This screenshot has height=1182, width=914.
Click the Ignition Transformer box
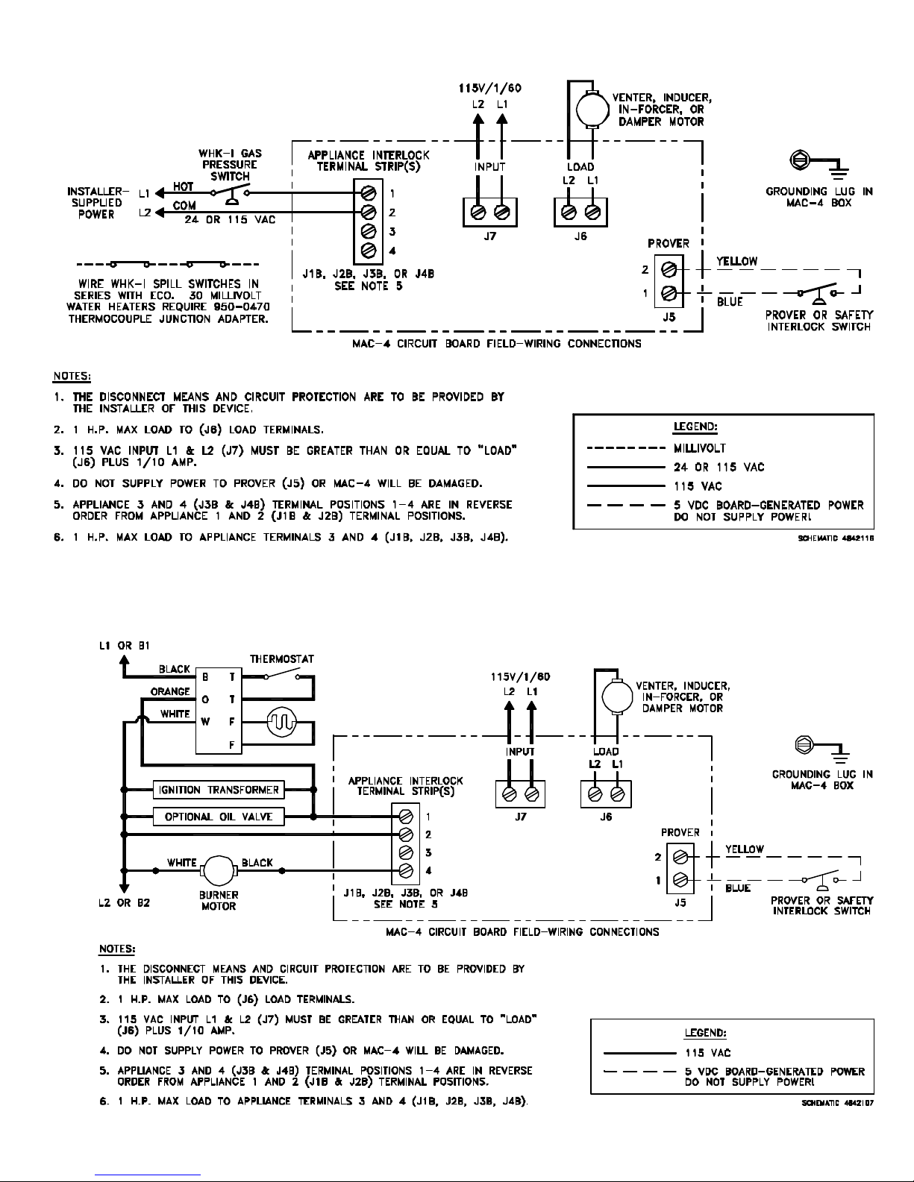[x=218, y=790]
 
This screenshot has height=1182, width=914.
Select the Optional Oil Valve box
[x=218, y=817]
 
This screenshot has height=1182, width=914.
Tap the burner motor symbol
[x=219, y=870]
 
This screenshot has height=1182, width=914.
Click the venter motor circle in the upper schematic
[x=592, y=110]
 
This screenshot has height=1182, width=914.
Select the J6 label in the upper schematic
[x=580, y=236]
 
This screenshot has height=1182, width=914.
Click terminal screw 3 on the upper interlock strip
[x=369, y=231]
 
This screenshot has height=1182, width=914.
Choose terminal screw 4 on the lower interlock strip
[x=406, y=870]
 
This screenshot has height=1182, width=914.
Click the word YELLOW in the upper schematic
[x=736, y=261]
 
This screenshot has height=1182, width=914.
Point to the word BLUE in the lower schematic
[x=738, y=887]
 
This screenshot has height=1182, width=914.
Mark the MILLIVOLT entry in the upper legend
[x=700, y=448]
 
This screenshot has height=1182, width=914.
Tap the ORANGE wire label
[x=170, y=691]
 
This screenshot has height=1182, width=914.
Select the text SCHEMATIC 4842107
[x=838, y=1103]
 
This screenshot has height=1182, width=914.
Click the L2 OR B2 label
[x=124, y=903]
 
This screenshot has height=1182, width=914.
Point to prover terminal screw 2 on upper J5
[x=669, y=269]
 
